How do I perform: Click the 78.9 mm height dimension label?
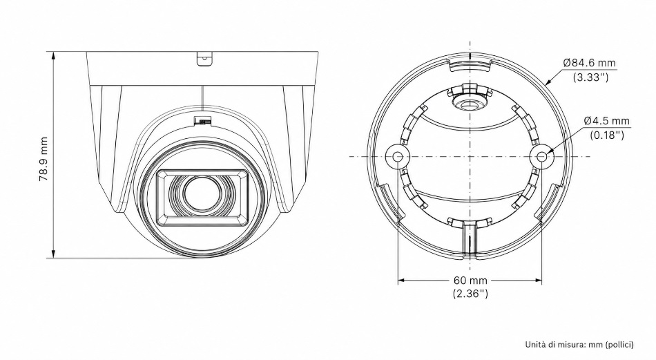43,159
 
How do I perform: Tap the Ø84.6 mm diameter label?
590,63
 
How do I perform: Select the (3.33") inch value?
590,77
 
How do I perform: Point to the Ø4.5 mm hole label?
607,121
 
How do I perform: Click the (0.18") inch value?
607,135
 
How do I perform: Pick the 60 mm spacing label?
470,280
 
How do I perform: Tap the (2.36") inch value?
470,294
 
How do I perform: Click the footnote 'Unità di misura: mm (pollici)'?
579,345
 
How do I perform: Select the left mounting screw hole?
398,157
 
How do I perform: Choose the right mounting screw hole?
542,157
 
